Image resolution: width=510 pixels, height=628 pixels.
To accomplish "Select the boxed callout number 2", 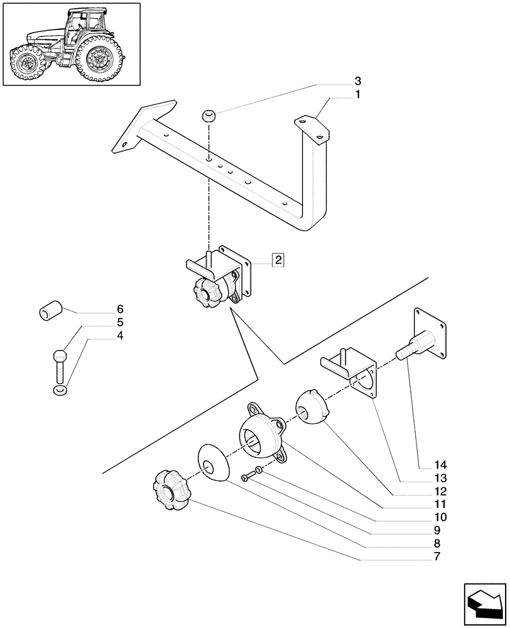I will [278, 259].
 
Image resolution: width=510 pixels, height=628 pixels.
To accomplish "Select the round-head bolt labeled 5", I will [58, 364].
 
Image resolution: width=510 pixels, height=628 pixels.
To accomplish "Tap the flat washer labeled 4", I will [58, 392].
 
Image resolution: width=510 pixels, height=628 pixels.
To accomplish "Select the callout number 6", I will [119, 310].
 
